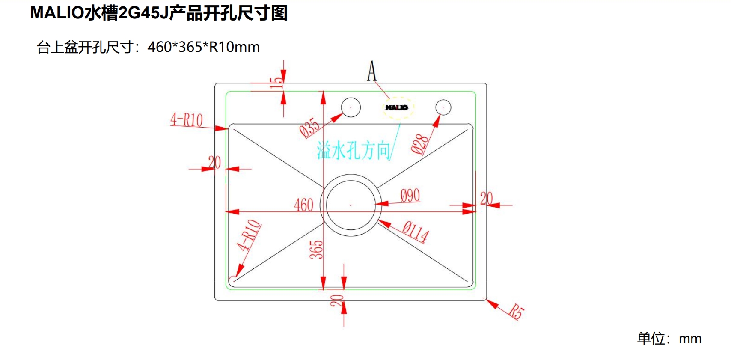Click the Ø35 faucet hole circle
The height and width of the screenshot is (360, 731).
tap(351, 107)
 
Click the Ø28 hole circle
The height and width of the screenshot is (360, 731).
tap(443, 107)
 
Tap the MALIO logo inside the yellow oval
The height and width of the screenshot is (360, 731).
tap(397, 107)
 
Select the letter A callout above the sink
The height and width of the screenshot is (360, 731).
tap(371, 71)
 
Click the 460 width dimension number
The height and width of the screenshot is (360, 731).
tap(303, 205)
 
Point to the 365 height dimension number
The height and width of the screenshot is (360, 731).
tap(316, 250)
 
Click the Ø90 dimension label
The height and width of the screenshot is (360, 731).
tap(410, 196)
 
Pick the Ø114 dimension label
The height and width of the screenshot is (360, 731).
tap(416, 232)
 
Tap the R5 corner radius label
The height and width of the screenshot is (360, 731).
tap(516, 311)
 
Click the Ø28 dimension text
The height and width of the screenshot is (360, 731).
tap(419, 144)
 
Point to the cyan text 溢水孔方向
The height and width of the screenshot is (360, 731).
tap(354, 151)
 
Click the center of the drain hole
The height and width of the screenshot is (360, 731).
tap(351, 205)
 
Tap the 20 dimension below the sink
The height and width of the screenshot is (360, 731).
tap(337, 300)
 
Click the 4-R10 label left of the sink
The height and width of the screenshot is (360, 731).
tap(187, 120)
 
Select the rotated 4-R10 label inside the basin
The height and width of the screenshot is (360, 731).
tap(249, 235)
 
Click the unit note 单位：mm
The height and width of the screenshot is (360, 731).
tap(669, 339)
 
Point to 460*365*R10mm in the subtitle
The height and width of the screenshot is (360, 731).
tap(203, 47)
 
